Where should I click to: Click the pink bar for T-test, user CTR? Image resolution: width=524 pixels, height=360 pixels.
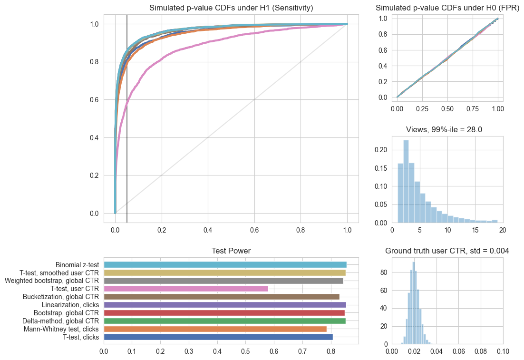pyautogui.click(x=186, y=289)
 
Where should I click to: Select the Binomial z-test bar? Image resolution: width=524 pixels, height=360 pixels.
pyautogui.click(x=225, y=264)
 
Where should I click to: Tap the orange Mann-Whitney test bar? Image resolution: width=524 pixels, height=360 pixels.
pyautogui.click(x=215, y=329)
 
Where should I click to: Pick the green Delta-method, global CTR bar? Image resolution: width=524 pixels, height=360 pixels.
pyautogui.click(x=224, y=321)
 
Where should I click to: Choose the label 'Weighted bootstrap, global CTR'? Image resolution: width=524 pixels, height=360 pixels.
pyautogui.click(x=52, y=281)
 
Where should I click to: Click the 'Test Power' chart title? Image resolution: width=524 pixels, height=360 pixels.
pyautogui.click(x=231, y=251)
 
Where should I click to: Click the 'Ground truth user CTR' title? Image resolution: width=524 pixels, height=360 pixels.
pyautogui.click(x=447, y=251)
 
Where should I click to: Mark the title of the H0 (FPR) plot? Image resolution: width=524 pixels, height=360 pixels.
pyautogui.click(x=447, y=8)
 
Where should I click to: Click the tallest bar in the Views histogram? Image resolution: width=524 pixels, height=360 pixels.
pyautogui.click(x=406, y=181)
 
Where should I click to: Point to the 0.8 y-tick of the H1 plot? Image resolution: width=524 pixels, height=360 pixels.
pyautogui.click(x=95, y=62)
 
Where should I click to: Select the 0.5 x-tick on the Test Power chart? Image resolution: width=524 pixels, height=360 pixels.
pyautogui.click(x=246, y=352)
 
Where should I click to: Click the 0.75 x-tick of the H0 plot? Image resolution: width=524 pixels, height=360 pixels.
pyautogui.click(x=473, y=108)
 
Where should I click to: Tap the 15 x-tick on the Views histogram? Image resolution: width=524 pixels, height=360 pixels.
pyautogui.click(x=475, y=230)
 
